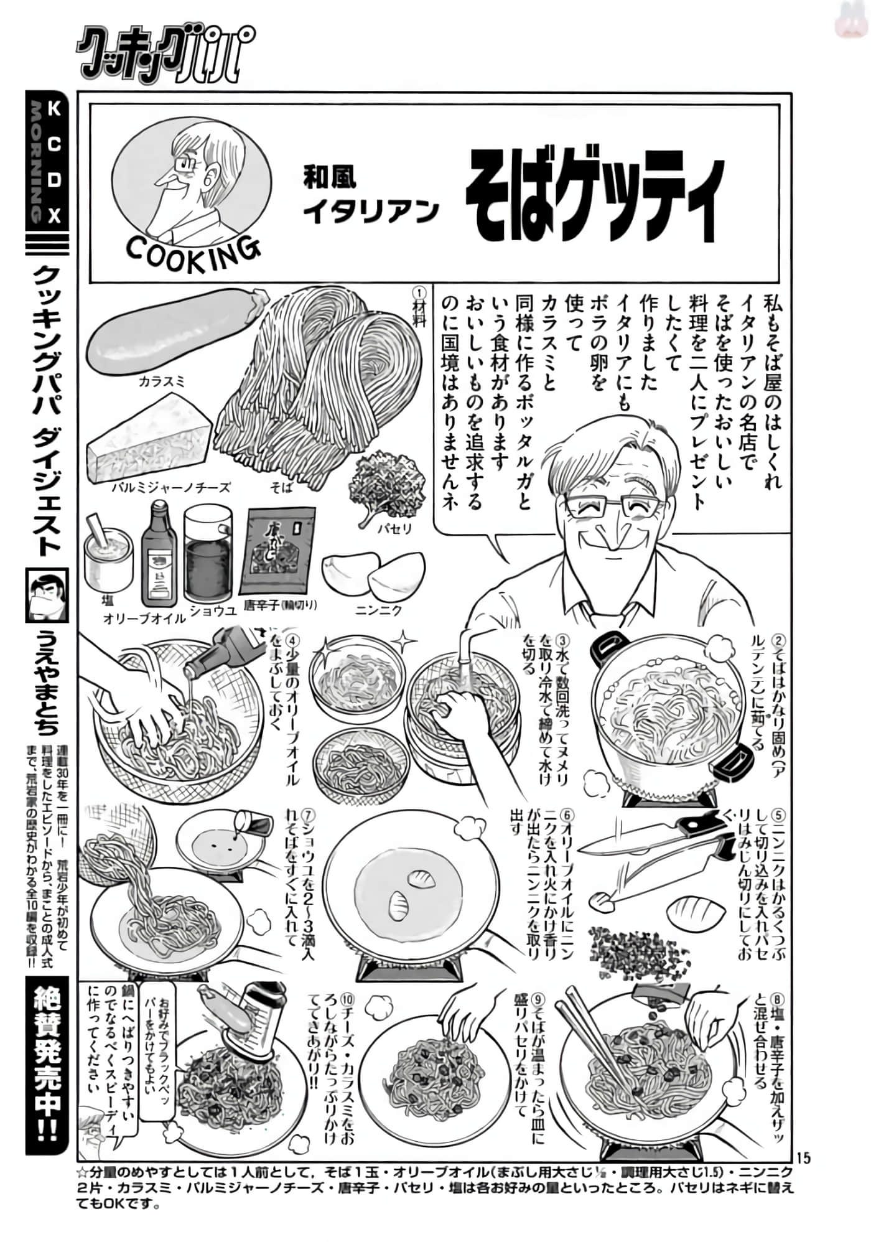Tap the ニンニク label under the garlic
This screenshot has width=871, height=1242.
[x=379, y=610]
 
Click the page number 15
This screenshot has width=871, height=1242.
[x=803, y=1157]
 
